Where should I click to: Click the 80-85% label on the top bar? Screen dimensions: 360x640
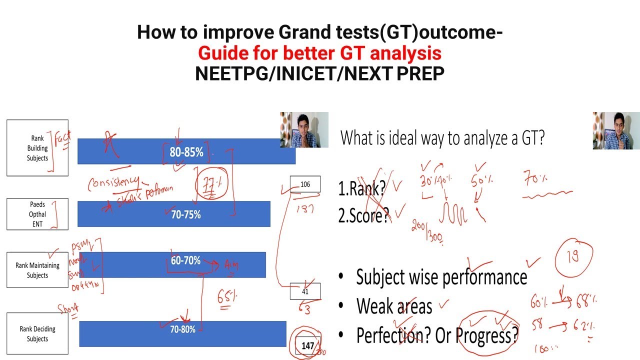pos(186,152)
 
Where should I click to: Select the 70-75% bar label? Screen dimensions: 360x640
pos(185,214)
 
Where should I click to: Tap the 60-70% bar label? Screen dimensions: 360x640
pos(185,260)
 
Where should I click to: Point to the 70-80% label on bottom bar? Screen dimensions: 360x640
pos(182,329)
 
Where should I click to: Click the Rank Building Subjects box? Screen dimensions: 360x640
pos(37,148)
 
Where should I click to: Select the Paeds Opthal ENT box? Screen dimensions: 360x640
pos(37,214)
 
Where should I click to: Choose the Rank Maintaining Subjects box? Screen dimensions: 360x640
pos(37,270)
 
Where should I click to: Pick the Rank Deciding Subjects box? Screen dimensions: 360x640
pos(37,334)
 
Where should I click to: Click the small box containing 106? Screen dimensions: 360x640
pos(305,184)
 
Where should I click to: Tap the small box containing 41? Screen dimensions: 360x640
pos(305,291)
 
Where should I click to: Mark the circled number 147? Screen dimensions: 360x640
pos(308,345)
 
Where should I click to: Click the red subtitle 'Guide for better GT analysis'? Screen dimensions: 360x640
pos(319,53)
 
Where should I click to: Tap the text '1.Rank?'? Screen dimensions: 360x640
pos(362,188)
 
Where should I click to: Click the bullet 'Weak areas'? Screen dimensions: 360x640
pos(394,306)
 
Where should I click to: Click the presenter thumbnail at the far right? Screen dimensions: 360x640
pos(616,130)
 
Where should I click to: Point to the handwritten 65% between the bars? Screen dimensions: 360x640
pos(227,297)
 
